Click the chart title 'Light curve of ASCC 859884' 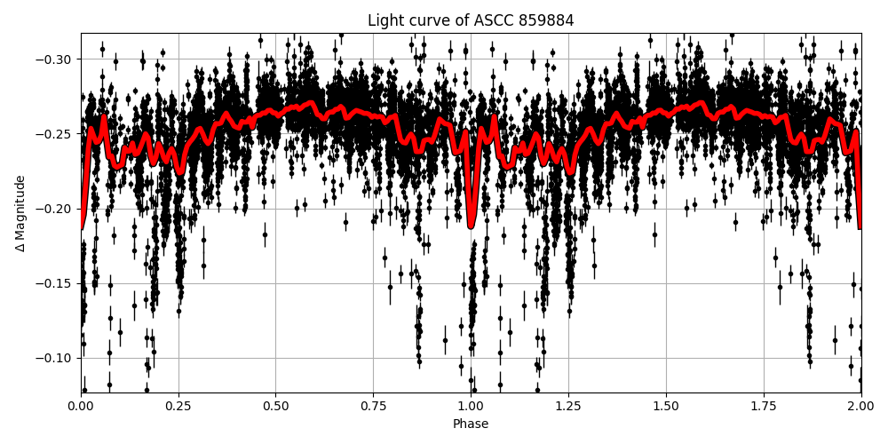(x=471, y=20)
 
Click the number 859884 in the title (x=549, y=20)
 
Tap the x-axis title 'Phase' (x=471, y=424)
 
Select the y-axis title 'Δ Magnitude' (x=20, y=213)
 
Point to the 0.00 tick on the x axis (x=81, y=407)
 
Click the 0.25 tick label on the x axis (x=178, y=407)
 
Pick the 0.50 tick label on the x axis (x=275, y=407)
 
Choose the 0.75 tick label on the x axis (x=373, y=407)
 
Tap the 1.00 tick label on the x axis (x=471, y=407)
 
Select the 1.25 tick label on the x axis (x=568, y=407)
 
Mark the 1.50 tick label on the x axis (x=666, y=407)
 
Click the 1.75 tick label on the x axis (x=764, y=407)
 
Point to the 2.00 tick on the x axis (x=860, y=407)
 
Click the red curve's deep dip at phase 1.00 (x=472, y=226)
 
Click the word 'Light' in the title (x=385, y=20)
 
